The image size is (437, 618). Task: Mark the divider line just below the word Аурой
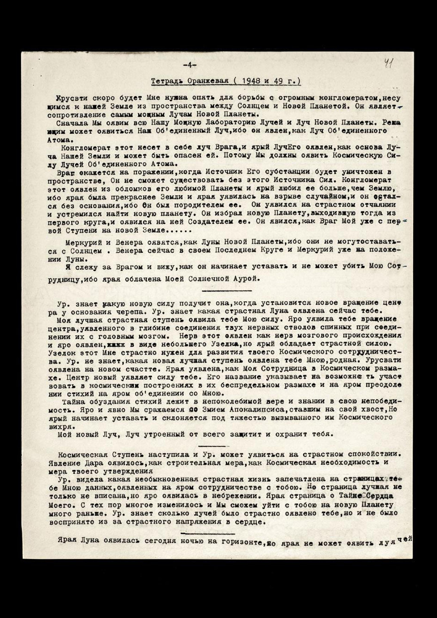click(227, 290)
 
